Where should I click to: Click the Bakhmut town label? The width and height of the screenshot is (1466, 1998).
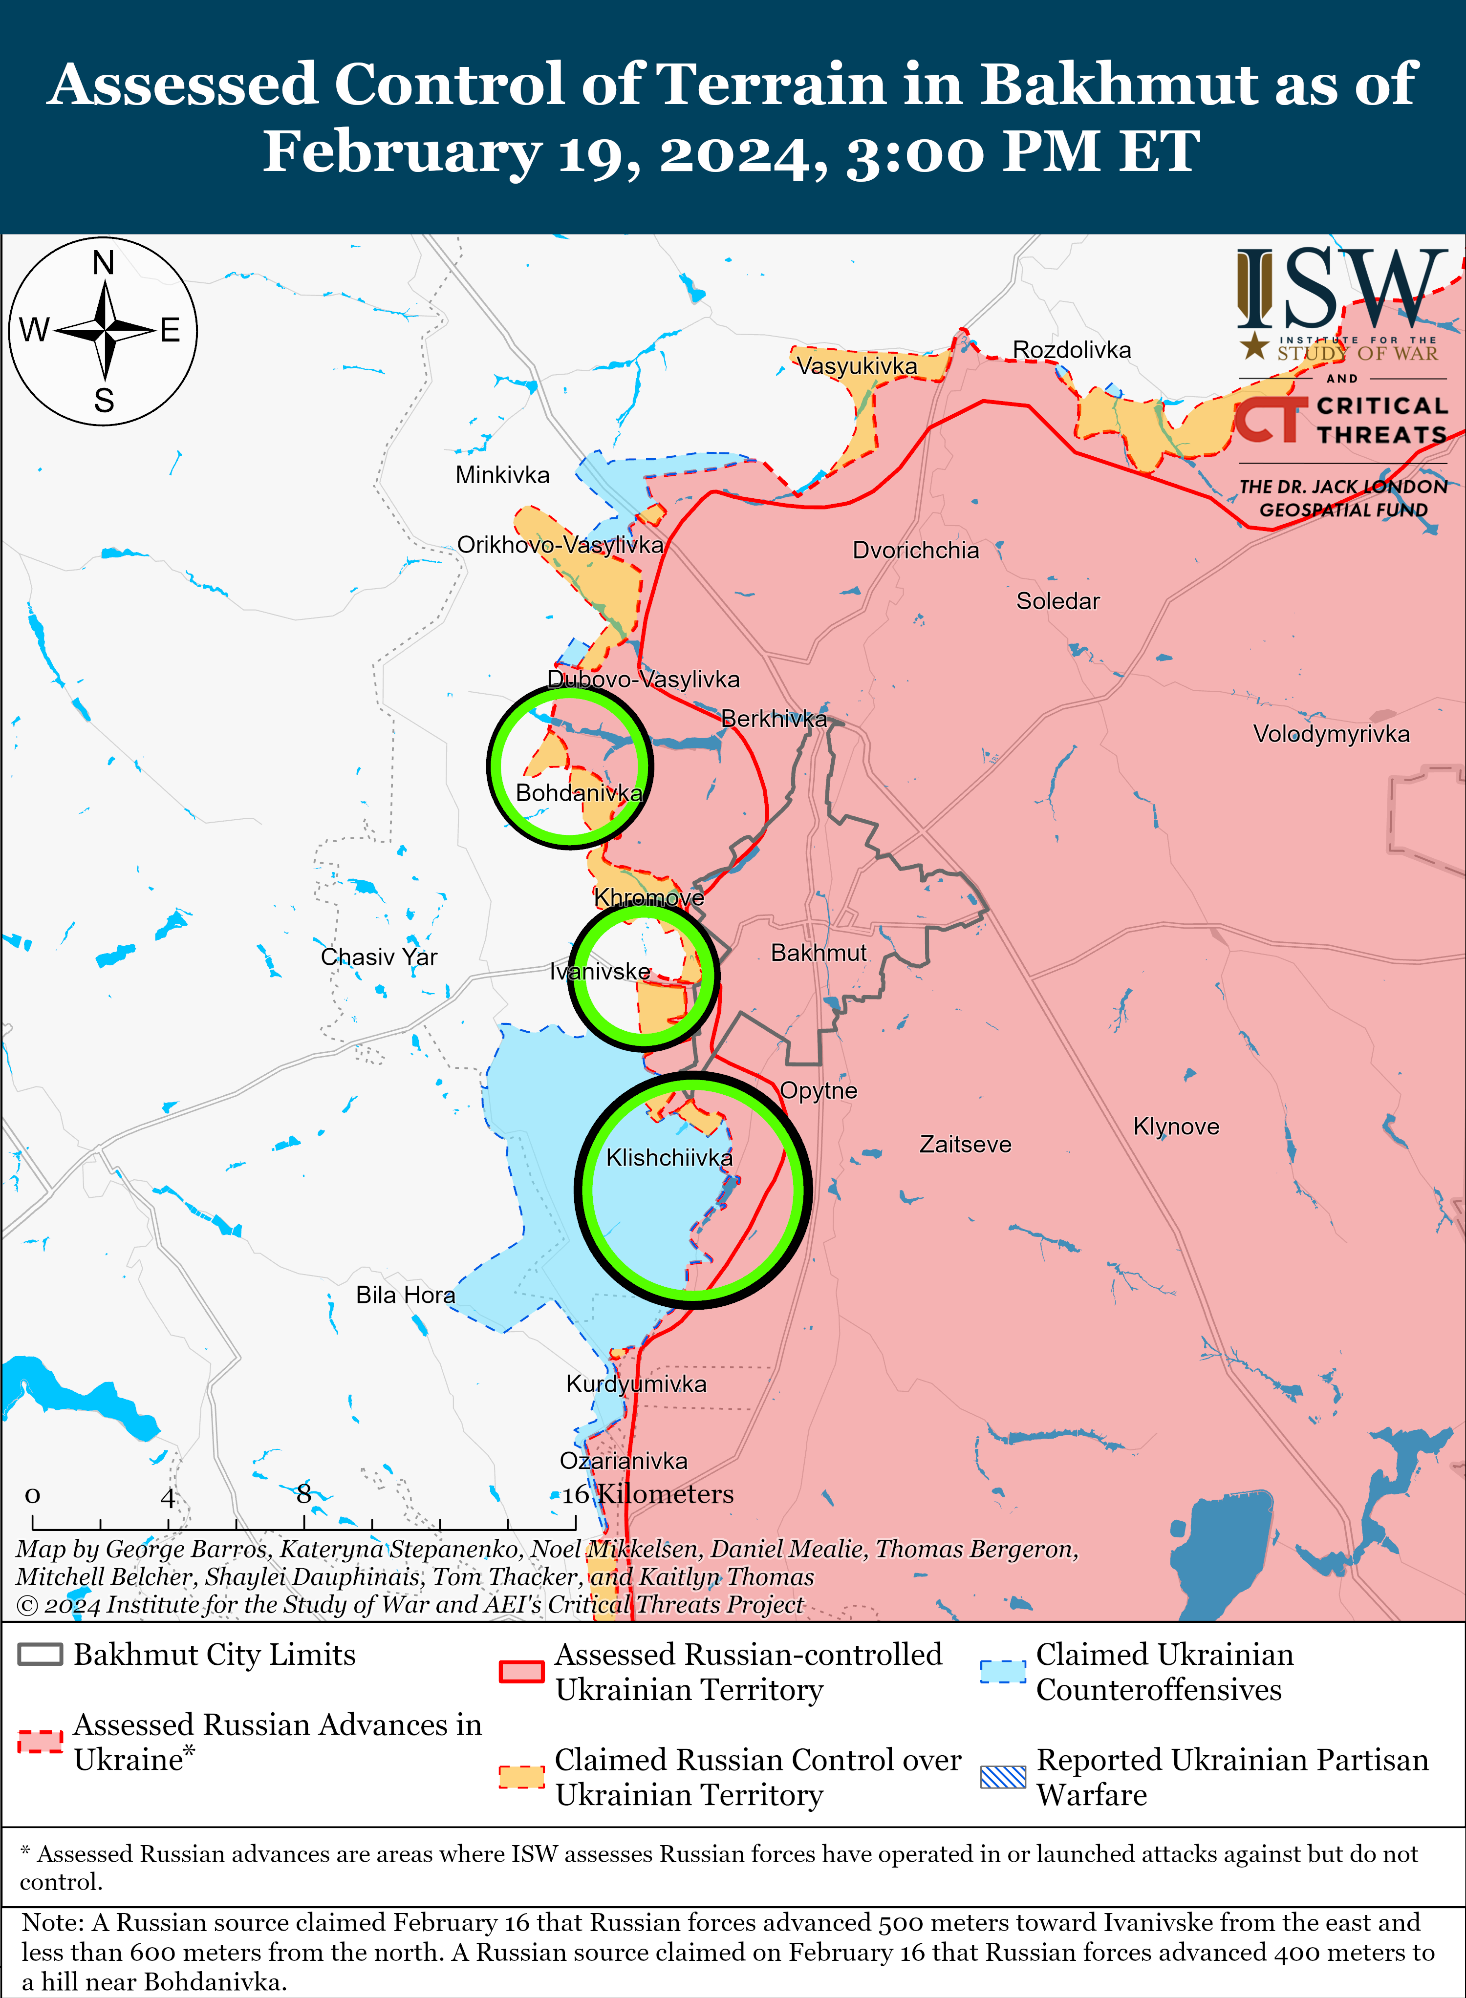point(818,953)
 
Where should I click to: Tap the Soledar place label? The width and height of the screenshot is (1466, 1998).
point(1058,601)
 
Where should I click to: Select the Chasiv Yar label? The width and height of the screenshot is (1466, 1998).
point(379,957)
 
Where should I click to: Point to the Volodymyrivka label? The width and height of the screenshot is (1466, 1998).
point(1331,735)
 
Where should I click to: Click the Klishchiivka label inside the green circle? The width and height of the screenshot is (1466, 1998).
point(669,1158)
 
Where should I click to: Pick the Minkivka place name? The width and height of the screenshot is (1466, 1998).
point(502,475)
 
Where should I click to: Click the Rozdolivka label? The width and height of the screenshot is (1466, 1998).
point(1072,350)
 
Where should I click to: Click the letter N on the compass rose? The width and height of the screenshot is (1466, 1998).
point(104,263)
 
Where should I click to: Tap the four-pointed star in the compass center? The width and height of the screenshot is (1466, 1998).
point(105,331)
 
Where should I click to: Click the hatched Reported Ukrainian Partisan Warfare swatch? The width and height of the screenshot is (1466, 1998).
point(1003,1777)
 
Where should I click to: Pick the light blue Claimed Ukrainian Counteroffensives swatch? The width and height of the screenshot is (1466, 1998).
point(1003,1672)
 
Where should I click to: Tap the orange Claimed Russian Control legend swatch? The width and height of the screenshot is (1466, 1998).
point(521,1777)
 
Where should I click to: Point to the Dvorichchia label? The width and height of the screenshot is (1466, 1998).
point(916,551)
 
